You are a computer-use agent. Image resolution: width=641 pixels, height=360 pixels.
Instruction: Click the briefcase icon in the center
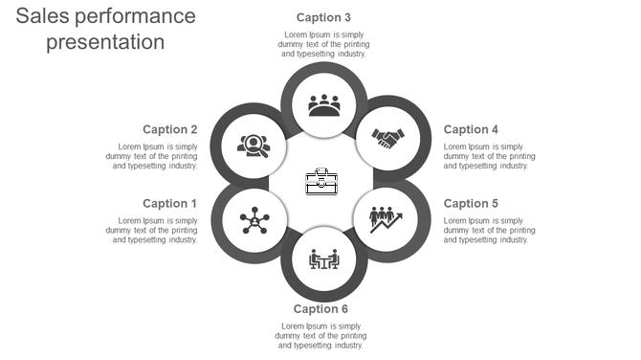321,181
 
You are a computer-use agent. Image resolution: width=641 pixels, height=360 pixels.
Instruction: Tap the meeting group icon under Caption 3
324,104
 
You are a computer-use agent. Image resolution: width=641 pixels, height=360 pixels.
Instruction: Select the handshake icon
388,140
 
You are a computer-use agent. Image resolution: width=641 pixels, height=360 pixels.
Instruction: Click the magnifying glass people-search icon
254,146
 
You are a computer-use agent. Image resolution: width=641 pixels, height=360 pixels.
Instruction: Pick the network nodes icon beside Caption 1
254,220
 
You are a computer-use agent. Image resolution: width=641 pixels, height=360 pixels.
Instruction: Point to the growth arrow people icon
386,219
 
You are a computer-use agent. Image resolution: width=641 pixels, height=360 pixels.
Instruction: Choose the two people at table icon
324,259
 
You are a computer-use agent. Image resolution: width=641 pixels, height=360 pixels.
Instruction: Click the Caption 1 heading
169,203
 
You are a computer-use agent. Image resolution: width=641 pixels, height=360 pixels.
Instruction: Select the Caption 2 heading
169,129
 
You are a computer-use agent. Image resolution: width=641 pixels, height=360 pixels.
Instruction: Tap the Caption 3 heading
323,17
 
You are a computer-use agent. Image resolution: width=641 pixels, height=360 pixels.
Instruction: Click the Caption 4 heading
471,129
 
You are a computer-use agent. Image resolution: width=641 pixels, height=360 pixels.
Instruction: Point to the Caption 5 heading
471,203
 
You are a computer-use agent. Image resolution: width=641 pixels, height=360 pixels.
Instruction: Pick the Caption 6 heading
320,308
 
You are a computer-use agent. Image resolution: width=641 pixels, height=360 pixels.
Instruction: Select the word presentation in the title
105,43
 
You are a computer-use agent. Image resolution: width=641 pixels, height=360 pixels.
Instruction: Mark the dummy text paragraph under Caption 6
320,336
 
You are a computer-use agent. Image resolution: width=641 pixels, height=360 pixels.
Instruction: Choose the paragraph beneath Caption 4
488,156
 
